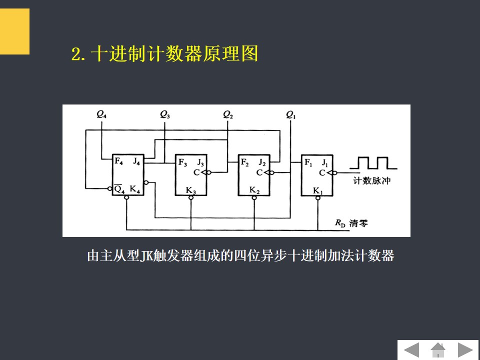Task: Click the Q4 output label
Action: [101, 114]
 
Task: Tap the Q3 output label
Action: [165, 114]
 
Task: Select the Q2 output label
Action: [228, 114]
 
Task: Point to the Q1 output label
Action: [291, 114]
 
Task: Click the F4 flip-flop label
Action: [118, 161]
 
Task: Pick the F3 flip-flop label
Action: [182, 162]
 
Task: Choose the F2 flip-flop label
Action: [244, 162]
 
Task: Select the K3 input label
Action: [191, 190]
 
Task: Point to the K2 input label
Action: [254, 190]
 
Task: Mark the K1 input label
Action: [317, 190]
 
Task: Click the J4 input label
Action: [137, 161]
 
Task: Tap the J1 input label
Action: [325, 162]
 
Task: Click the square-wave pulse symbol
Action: [372, 162]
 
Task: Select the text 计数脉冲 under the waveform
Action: [372, 181]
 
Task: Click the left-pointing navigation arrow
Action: [412, 349]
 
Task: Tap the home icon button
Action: [438, 349]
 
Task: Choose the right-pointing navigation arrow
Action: [465, 349]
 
